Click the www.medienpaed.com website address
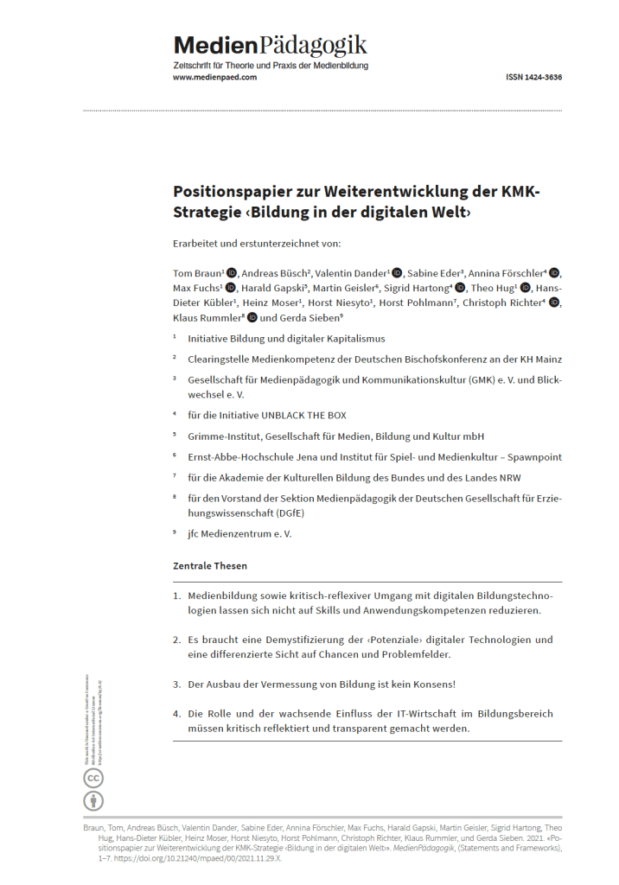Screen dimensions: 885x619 [214, 78]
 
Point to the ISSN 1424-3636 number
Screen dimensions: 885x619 [533, 78]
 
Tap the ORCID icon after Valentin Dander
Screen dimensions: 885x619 [396, 272]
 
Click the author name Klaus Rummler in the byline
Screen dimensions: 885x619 [206, 317]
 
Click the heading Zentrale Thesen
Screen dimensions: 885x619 [210, 566]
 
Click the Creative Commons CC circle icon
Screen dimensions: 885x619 [93, 778]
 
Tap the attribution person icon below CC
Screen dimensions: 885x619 [93, 800]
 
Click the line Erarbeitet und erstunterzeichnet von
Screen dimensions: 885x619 [257, 243]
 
